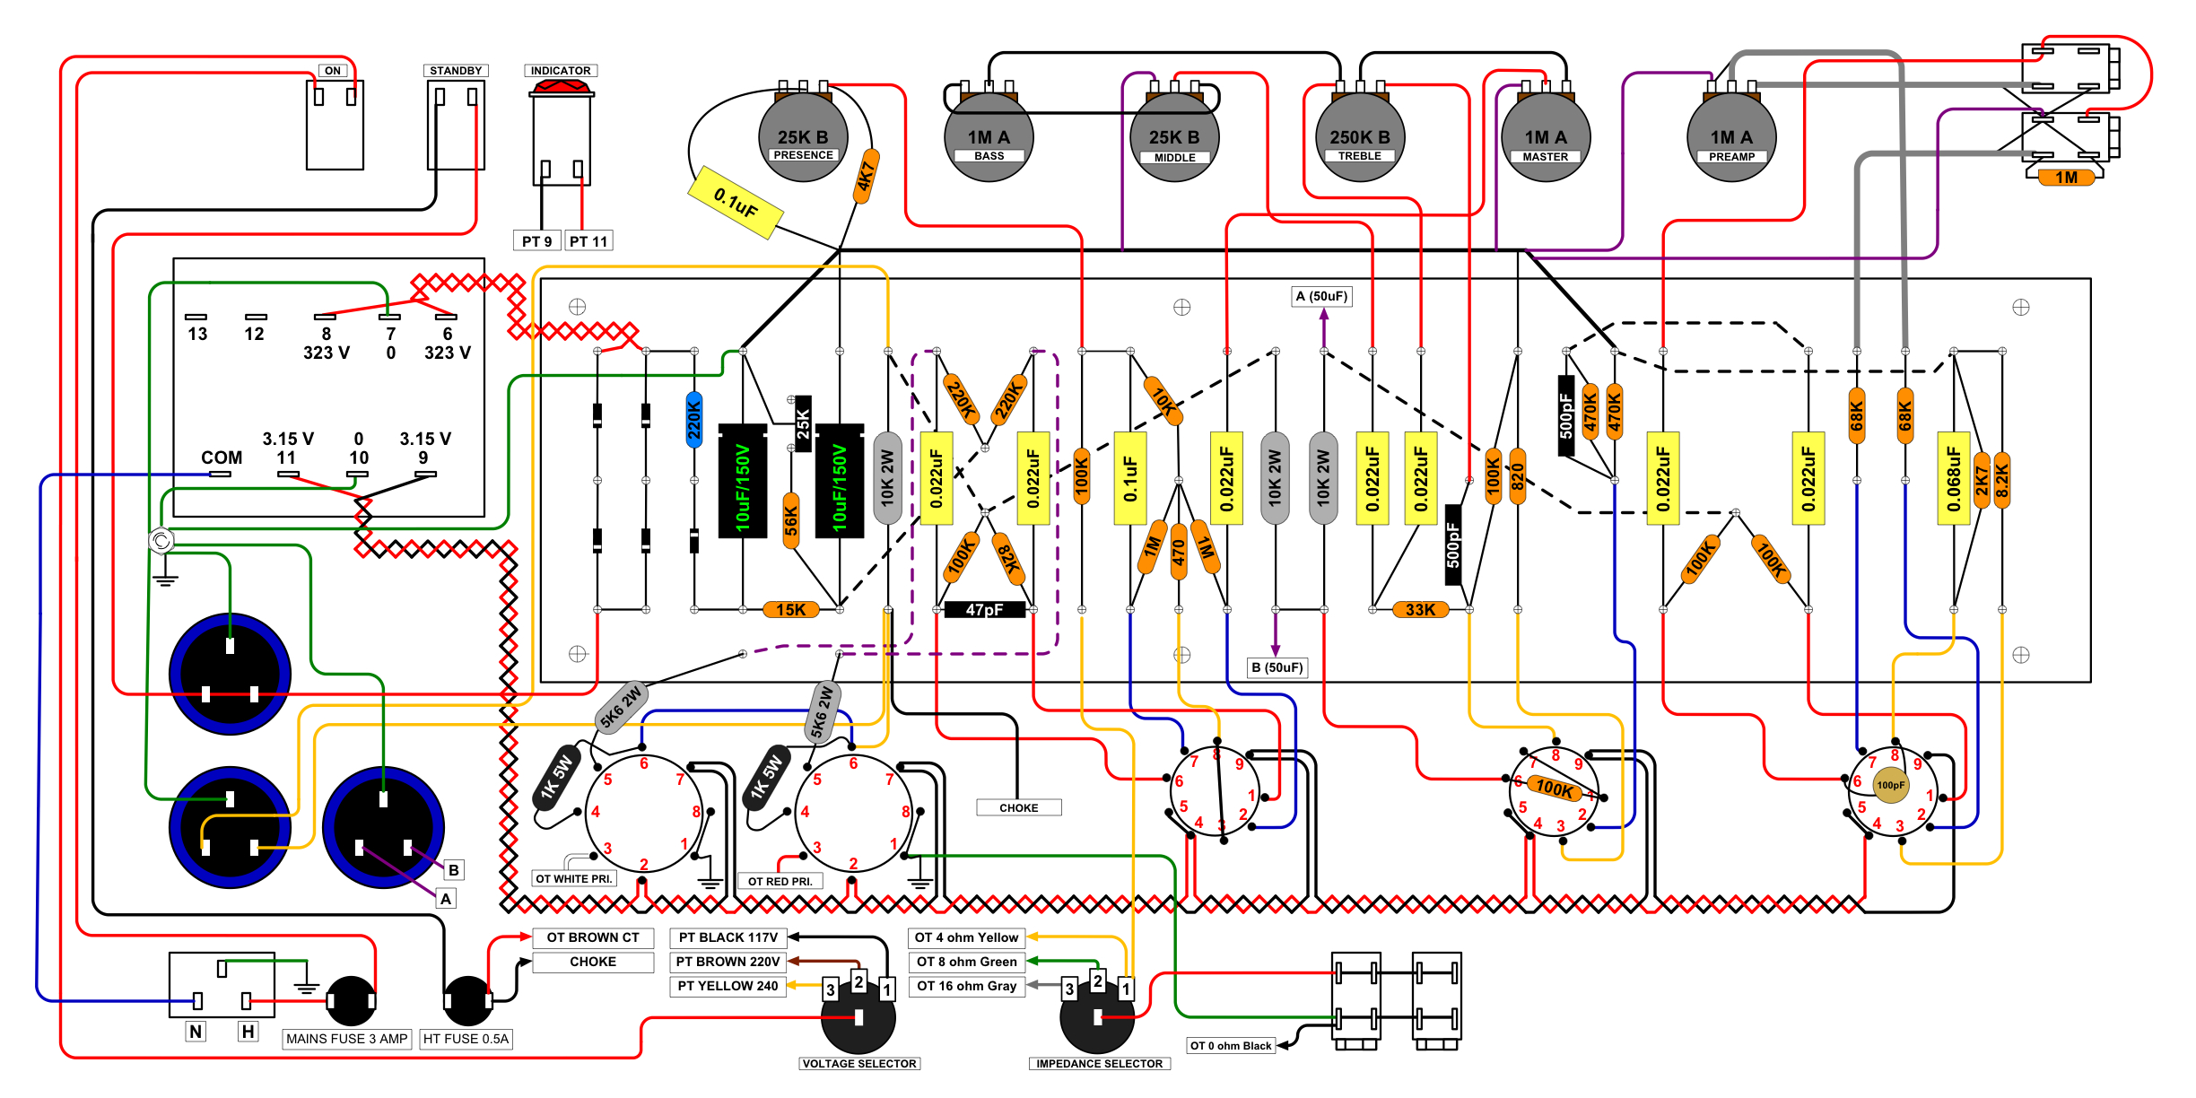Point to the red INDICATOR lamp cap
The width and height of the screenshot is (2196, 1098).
pyautogui.click(x=562, y=87)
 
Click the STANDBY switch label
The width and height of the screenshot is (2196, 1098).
pyautogui.click(x=456, y=71)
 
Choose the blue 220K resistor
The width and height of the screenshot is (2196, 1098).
pyautogui.click(x=694, y=420)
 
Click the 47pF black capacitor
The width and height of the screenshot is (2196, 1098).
pyautogui.click(x=984, y=610)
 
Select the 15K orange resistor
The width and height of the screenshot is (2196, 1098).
pyautogui.click(x=790, y=610)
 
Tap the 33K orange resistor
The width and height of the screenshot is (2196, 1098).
pyautogui.click(x=1420, y=610)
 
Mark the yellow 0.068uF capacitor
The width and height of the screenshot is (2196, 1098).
pyautogui.click(x=1953, y=478)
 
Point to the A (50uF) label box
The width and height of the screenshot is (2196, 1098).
pyautogui.click(x=1321, y=296)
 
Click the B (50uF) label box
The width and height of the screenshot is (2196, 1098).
pyautogui.click(x=1277, y=667)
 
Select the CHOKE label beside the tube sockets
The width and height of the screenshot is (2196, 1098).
pyautogui.click(x=1018, y=807)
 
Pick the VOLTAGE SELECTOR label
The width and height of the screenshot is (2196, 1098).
pyautogui.click(x=859, y=1064)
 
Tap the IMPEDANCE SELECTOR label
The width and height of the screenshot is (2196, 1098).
pyautogui.click(x=1099, y=1064)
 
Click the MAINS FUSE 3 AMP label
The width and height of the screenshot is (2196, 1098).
pyautogui.click(x=346, y=1039)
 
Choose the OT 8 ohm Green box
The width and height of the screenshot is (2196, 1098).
pyautogui.click(x=966, y=962)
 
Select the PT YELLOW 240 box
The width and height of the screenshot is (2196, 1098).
pyautogui.click(x=728, y=986)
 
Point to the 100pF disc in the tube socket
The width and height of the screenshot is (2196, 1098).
pyautogui.click(x=1890, y=785)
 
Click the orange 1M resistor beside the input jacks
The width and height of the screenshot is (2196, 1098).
pyautogui.click(x=2066, y=178)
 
